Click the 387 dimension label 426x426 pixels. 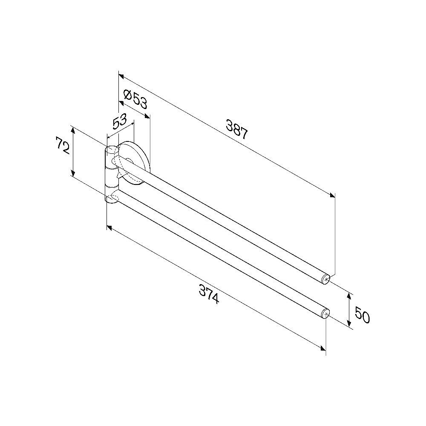pyautogui.click(x=236, y=130)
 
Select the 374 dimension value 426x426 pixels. pyautogui.click(x=209, y=294)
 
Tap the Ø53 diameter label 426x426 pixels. pyautogui.click(x=135, y=98)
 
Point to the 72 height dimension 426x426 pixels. pyautogui.click(x=63, y=145)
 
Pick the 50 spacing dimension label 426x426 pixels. pyautogui.click(x=362, y=315)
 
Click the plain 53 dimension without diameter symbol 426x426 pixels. pyautogui.click(x=120, y=121)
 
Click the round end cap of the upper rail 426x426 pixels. pyautogui.click(x=326, y=279)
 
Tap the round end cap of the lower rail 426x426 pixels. pyautogui.click(x=325, y=314)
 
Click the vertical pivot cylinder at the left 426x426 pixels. pyautogui.click(x=112, y=174)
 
